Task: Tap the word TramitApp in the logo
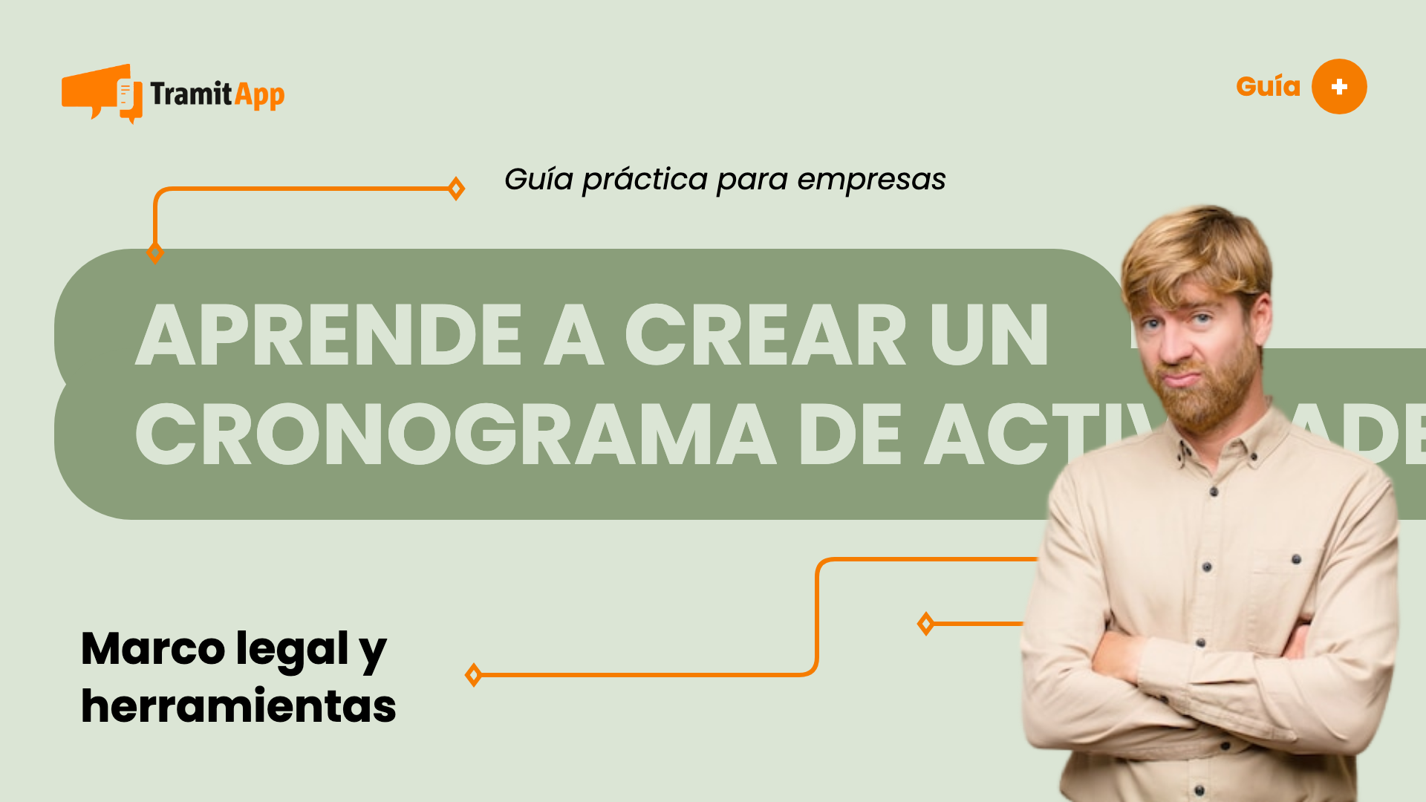click(217, 94)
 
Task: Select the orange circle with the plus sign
click(1339, 87)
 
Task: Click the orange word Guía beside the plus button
click(1268, 87)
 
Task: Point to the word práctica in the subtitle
click(645, 180)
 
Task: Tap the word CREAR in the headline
click(765, 336)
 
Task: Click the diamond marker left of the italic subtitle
click(457, 189)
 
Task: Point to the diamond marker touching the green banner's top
click(155, 252)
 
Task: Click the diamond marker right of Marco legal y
click(473, 675)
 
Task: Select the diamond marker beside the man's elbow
click(925, 624)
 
